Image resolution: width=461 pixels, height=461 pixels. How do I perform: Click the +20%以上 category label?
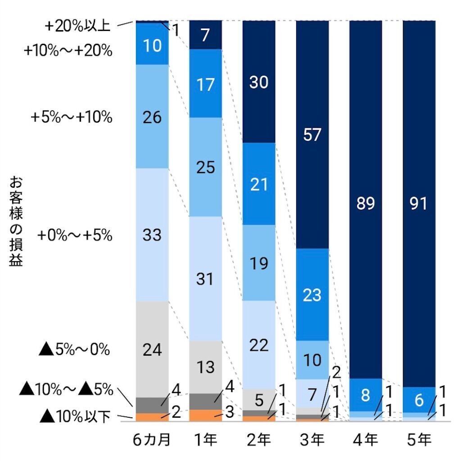77,26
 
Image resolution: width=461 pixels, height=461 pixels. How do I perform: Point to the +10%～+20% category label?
68,51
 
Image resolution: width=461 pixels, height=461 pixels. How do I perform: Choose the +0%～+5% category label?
75,235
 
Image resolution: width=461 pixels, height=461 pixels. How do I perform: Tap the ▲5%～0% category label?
75,349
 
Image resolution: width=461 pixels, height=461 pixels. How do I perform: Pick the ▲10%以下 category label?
75,417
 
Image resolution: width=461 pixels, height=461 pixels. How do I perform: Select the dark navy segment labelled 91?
419,203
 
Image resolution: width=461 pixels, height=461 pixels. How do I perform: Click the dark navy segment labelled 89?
366,203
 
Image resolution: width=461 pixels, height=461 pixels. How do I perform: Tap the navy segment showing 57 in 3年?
312,134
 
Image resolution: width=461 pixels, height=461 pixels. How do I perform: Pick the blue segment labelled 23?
312,295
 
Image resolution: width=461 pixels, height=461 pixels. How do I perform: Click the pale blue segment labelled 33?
152,235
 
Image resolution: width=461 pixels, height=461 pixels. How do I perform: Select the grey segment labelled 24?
152,349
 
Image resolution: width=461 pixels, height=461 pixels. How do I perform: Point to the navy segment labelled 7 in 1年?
205,35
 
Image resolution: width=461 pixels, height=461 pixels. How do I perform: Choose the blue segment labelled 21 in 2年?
259,184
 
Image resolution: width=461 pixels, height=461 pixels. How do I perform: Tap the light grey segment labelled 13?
205,367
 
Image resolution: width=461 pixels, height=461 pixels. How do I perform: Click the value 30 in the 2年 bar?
259,82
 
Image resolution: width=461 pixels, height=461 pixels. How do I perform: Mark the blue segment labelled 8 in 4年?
366,395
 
